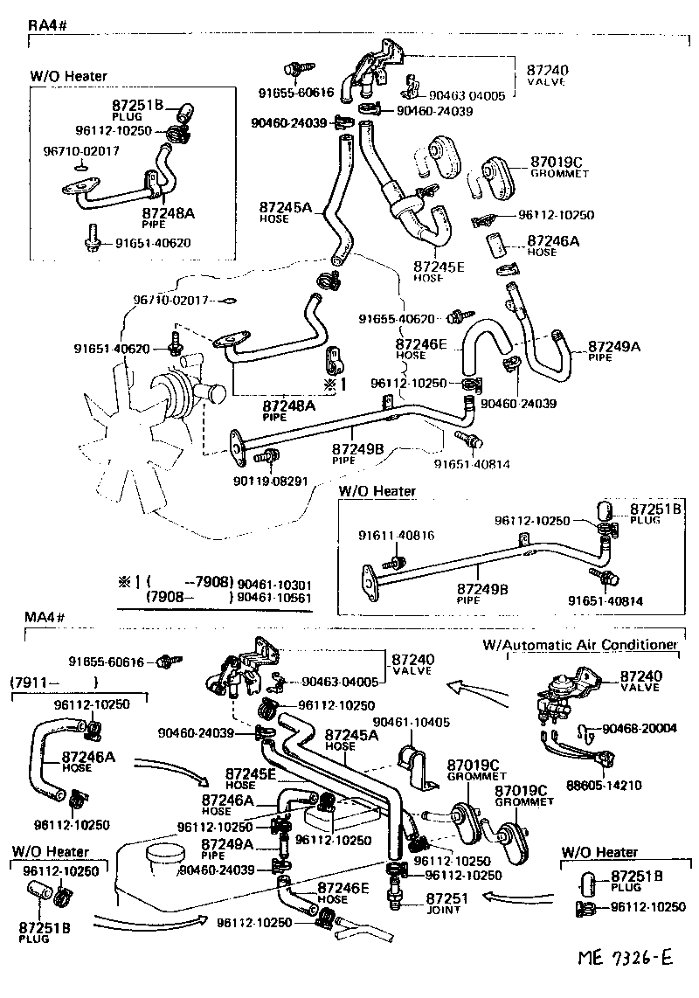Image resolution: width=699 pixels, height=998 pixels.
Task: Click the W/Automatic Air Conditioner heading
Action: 580,645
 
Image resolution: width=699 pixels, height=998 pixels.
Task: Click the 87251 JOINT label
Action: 448,902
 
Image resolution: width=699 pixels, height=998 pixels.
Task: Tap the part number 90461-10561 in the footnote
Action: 274,599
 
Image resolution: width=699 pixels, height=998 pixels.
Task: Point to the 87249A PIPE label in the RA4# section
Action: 614,351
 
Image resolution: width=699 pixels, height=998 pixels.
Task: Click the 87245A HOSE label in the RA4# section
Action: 285,212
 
